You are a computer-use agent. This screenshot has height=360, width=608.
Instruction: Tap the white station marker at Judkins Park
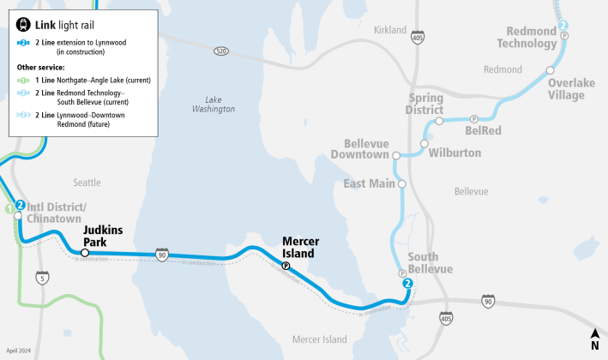pyautogui.click(x=85, y=252)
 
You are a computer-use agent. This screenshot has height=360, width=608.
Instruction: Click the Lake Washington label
pyautogui.click(x=214, y=104)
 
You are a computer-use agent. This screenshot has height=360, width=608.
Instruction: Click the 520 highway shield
pyautogui.click(x=221, y=51)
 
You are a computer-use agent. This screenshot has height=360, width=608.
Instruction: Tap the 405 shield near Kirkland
pyautogui.click(x=417, y=39)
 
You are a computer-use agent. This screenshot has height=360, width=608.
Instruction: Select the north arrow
pyautogui.click(x=594, y=339)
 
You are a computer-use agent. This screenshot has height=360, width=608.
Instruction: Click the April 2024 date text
pyautogui.click(x=18, y=351)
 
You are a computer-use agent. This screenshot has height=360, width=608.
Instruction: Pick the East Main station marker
pyautogui.click(x=401, y=183)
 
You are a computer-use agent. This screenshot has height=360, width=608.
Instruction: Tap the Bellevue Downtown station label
pyautogui.click(x=366, y=148)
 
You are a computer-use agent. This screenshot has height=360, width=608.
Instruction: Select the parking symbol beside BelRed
pyautogui.click(x=474, y=119)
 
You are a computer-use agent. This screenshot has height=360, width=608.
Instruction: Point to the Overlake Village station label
pyautogui.click(x=566, y=89)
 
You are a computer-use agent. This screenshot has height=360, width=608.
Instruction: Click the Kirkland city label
pyautogui.click(x=390, y=30)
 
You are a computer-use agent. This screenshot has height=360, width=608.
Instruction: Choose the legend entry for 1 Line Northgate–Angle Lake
pyautogui.click(x=82, y=80)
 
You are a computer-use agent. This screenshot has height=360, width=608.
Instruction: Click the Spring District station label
pyautogui.click(x=425, y=103)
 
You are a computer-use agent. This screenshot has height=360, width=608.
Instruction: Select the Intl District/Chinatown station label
pyautogui.click(x=57, y=212)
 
